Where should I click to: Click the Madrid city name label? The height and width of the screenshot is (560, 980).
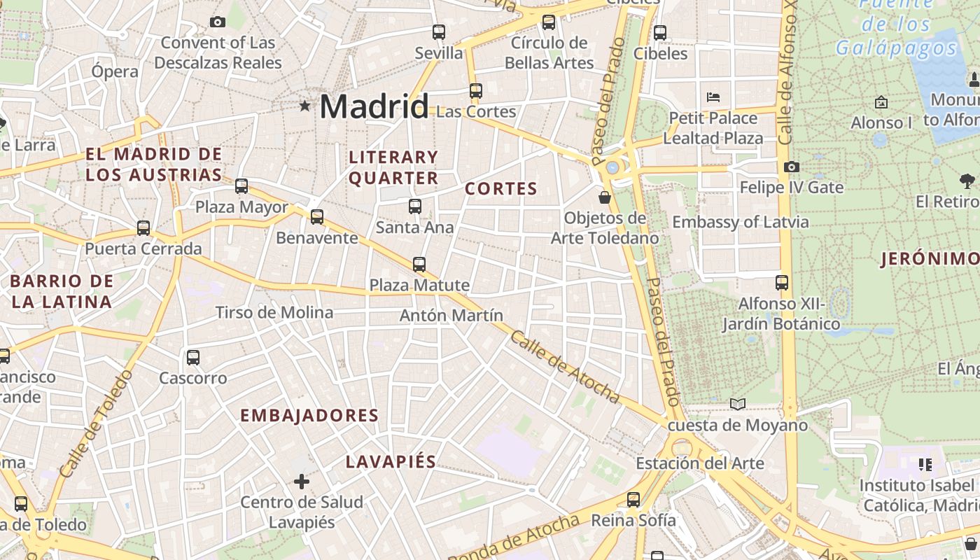[374, 107]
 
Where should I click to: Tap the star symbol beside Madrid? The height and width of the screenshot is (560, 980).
[305, 106]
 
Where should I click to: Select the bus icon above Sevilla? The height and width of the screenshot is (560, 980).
[439, 32]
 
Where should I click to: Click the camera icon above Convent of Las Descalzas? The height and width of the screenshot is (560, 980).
[218, 22]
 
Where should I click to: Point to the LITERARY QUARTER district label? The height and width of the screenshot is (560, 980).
[393, 167]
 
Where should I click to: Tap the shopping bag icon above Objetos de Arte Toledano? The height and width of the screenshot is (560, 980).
[605, 198]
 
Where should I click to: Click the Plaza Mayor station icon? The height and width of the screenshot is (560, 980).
[241, 186]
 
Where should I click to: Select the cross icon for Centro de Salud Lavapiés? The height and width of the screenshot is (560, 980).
[302, 482]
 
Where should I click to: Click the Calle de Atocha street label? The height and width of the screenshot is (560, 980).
[565, 367]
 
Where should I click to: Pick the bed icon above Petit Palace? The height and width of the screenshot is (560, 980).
[713, 97]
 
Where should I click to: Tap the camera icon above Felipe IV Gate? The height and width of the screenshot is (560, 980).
[792, 167]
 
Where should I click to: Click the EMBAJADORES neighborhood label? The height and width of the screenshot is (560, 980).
[309, 416]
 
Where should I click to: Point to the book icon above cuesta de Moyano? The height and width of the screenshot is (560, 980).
[738, 404]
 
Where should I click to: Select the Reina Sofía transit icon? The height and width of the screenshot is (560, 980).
[633, 500]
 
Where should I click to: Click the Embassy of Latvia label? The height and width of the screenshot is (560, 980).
[741, 223]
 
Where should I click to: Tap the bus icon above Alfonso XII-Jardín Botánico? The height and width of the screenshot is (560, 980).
[782, 283]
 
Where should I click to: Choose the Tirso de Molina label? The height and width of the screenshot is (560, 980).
[274, 312]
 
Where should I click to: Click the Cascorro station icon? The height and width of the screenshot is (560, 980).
[193, 358]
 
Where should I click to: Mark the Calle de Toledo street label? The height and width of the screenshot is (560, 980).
[96, 424]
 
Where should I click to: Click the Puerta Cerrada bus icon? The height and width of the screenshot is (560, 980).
[143, 228]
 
